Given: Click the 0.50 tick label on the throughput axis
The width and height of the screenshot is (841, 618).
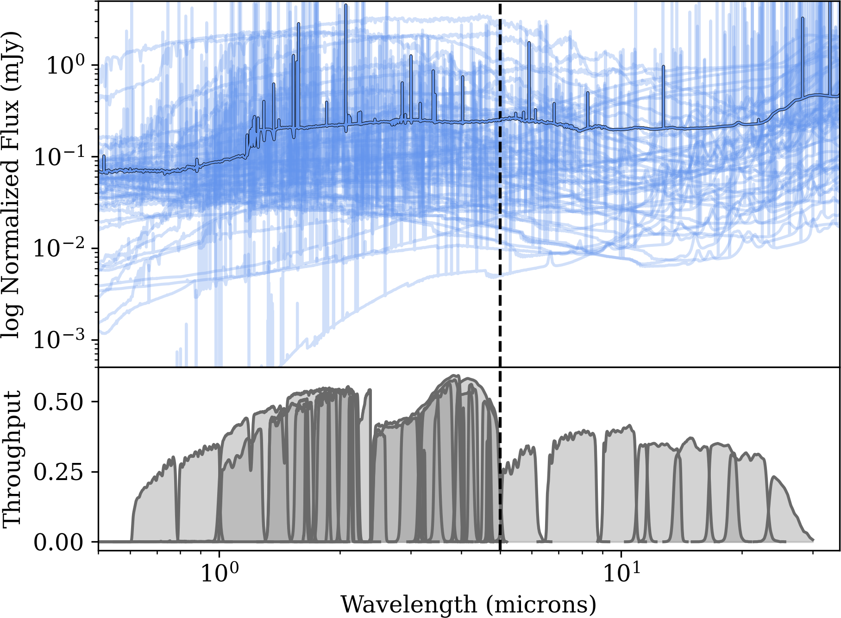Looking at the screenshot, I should pos(58,401).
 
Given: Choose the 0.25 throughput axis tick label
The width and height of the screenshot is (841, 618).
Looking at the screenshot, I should pos(58,472).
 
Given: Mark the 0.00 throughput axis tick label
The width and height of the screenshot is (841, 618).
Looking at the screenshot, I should pos(58,542).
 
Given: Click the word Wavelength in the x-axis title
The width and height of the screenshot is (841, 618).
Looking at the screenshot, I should pos(408,604).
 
